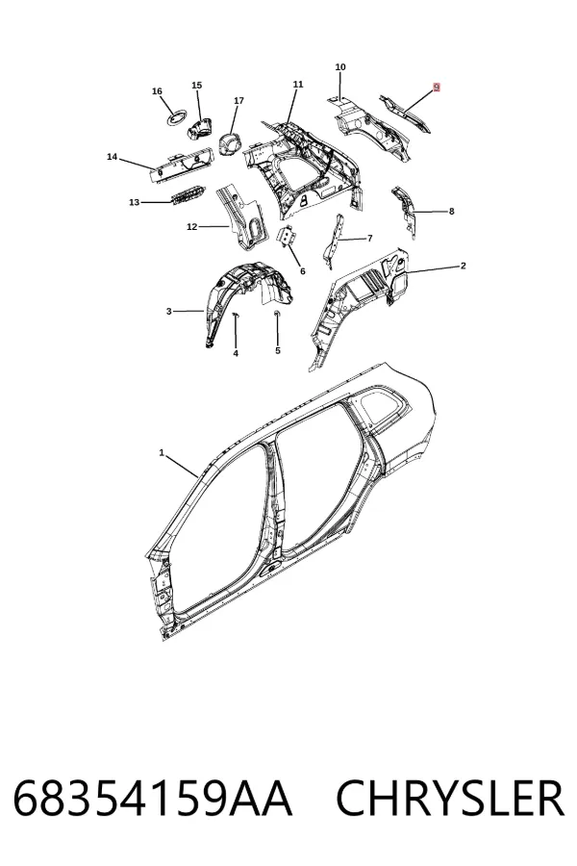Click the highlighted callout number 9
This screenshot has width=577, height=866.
point(437,88)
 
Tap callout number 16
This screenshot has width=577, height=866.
point(157,91)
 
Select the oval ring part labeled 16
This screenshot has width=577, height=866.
point(178,117)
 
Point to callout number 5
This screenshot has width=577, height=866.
point(278,350)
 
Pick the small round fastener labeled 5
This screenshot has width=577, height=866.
point(277,314)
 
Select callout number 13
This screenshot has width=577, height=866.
point(135,203)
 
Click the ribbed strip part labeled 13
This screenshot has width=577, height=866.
point(188,195)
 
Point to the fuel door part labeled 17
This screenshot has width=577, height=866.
point(231,144)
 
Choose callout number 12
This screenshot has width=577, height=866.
point(191,226)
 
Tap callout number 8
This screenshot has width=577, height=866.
point(452,211)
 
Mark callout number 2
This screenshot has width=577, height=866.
point(463,266)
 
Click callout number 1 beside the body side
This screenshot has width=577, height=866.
point(162,453)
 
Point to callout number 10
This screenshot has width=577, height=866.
point(340,66)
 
